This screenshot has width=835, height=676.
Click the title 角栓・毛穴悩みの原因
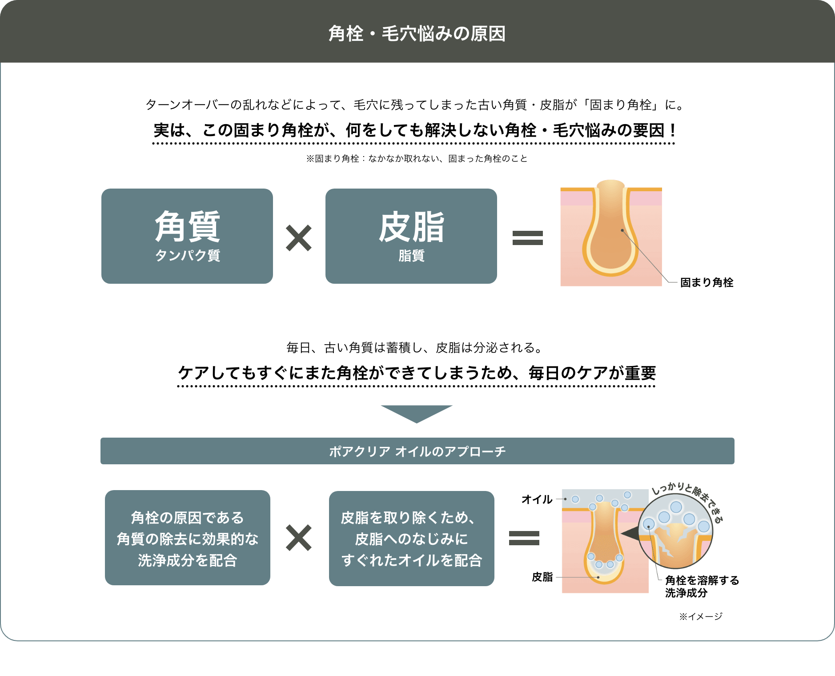[x=417, y=34]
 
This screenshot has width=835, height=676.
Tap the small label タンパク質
[x=187, y=256]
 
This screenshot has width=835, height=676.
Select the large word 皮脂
[x=411, y=227]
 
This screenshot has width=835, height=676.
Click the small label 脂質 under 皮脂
[x=411, y=256]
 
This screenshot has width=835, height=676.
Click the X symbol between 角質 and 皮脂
[x=299, y=238]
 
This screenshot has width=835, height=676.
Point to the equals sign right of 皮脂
[x=528, y=238]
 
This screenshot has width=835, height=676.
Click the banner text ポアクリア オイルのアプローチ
[x=417, y=451]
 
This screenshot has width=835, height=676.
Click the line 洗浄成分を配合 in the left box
[x=187, y=560]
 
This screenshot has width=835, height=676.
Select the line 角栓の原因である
[x=187, y=518]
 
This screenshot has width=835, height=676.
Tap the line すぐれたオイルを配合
[x=411, y=560]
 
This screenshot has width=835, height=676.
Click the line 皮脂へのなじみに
[x=411, y=539]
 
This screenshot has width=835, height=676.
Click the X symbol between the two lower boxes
[x=299, y=538]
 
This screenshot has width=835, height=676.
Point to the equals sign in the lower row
[x=524, y=538]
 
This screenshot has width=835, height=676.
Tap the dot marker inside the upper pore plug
[x=622, y=230]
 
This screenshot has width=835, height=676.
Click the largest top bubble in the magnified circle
[x=676, y=507]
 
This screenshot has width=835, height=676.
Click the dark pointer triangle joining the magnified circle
[x=629, y=533]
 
